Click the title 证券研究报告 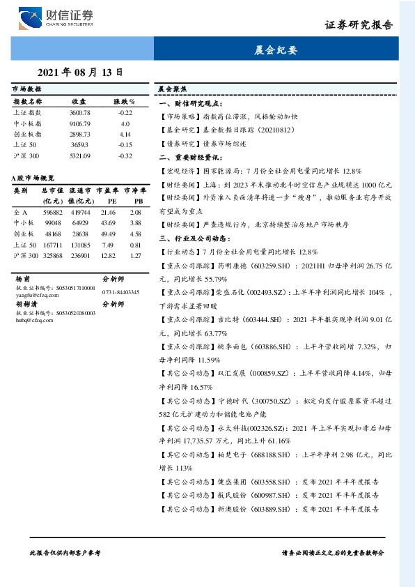359,24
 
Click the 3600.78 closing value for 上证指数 80,113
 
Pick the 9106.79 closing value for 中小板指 80,123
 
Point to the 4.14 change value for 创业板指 125,134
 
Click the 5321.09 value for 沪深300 80,155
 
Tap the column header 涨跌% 125,102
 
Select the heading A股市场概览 35,178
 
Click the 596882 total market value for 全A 53,212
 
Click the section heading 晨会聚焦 171,89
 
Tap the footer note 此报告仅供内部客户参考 65,552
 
